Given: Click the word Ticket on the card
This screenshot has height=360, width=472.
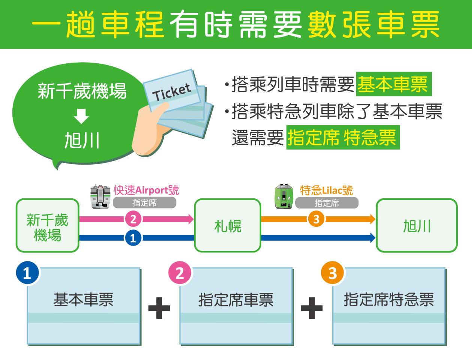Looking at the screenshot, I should tap(172, 92).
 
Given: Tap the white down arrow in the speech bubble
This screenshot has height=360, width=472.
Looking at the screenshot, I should tap(81, 116).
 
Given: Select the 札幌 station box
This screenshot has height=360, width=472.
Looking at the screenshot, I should tap(227, 225).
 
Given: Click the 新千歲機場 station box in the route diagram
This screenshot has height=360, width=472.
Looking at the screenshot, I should tap(48, 225).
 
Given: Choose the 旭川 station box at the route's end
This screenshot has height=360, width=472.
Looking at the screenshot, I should tap(417, 225).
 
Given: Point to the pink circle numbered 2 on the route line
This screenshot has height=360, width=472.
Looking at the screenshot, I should tap(133, 219).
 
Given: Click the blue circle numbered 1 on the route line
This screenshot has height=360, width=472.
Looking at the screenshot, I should tap(133, 238).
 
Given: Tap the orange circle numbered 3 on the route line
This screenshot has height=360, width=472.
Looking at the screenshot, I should tap(316, 219).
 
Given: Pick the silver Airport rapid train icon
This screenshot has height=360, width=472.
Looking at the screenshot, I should tap(100, 196).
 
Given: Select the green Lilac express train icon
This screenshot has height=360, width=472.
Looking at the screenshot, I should tap(284, 196).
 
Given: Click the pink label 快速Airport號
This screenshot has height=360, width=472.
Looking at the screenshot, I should tap(146, 190).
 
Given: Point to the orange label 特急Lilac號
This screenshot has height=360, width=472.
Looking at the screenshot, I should tap(326, 190).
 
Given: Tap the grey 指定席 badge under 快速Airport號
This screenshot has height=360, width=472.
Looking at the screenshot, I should tap(145, 203).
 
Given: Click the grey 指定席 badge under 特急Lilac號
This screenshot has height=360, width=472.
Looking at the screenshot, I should tap(327, 203).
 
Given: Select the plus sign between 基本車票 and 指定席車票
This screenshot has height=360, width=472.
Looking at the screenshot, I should tap(159, 308).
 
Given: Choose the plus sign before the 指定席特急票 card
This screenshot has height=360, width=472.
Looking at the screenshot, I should tap(312, 308).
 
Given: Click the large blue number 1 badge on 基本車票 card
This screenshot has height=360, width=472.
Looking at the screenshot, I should tap(27, 273).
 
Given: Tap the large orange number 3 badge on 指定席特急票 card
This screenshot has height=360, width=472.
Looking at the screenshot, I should tap(332, 273).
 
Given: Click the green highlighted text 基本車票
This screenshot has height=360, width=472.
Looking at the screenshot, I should tap(393, 84).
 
